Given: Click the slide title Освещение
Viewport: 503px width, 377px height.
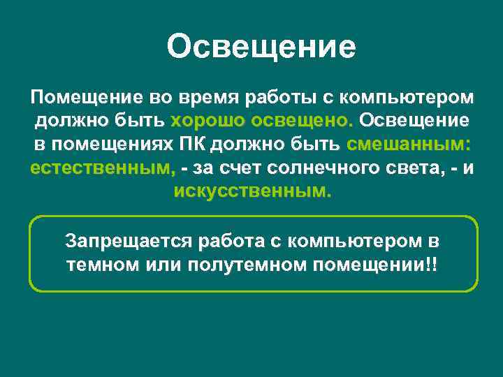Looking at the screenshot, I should point(261,47).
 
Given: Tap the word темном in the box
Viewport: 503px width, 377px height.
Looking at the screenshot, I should point(95,266).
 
